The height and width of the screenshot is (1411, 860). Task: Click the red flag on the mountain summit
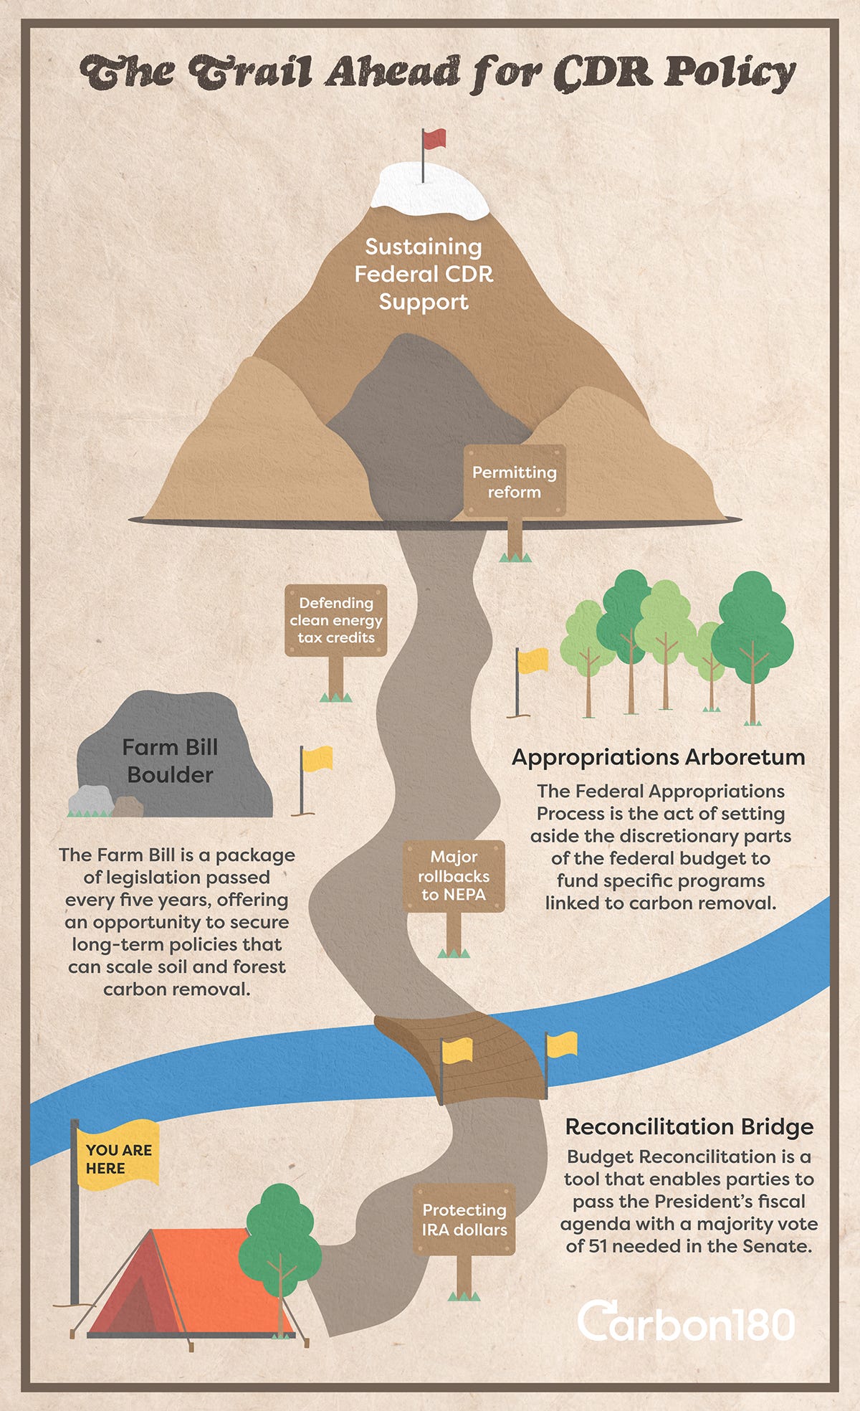pos(434,138)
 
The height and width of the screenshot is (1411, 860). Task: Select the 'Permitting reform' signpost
pos(515,482)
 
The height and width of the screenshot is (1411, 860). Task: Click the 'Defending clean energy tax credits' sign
pos(336,620)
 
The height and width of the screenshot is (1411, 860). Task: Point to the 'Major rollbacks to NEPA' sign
pos(454,875)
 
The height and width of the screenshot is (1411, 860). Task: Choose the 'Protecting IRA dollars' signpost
pos(464,1220)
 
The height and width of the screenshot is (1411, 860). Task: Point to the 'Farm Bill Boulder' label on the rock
pos(170,761)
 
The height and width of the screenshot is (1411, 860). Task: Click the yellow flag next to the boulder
pos(317,759)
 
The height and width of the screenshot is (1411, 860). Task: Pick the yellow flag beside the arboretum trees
pos(532,660)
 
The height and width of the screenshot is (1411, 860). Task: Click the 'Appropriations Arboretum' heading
pos(658,757)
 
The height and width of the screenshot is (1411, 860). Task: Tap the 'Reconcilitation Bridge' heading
pos(689,1126)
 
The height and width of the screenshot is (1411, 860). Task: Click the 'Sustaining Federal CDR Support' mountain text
pos(424,274)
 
